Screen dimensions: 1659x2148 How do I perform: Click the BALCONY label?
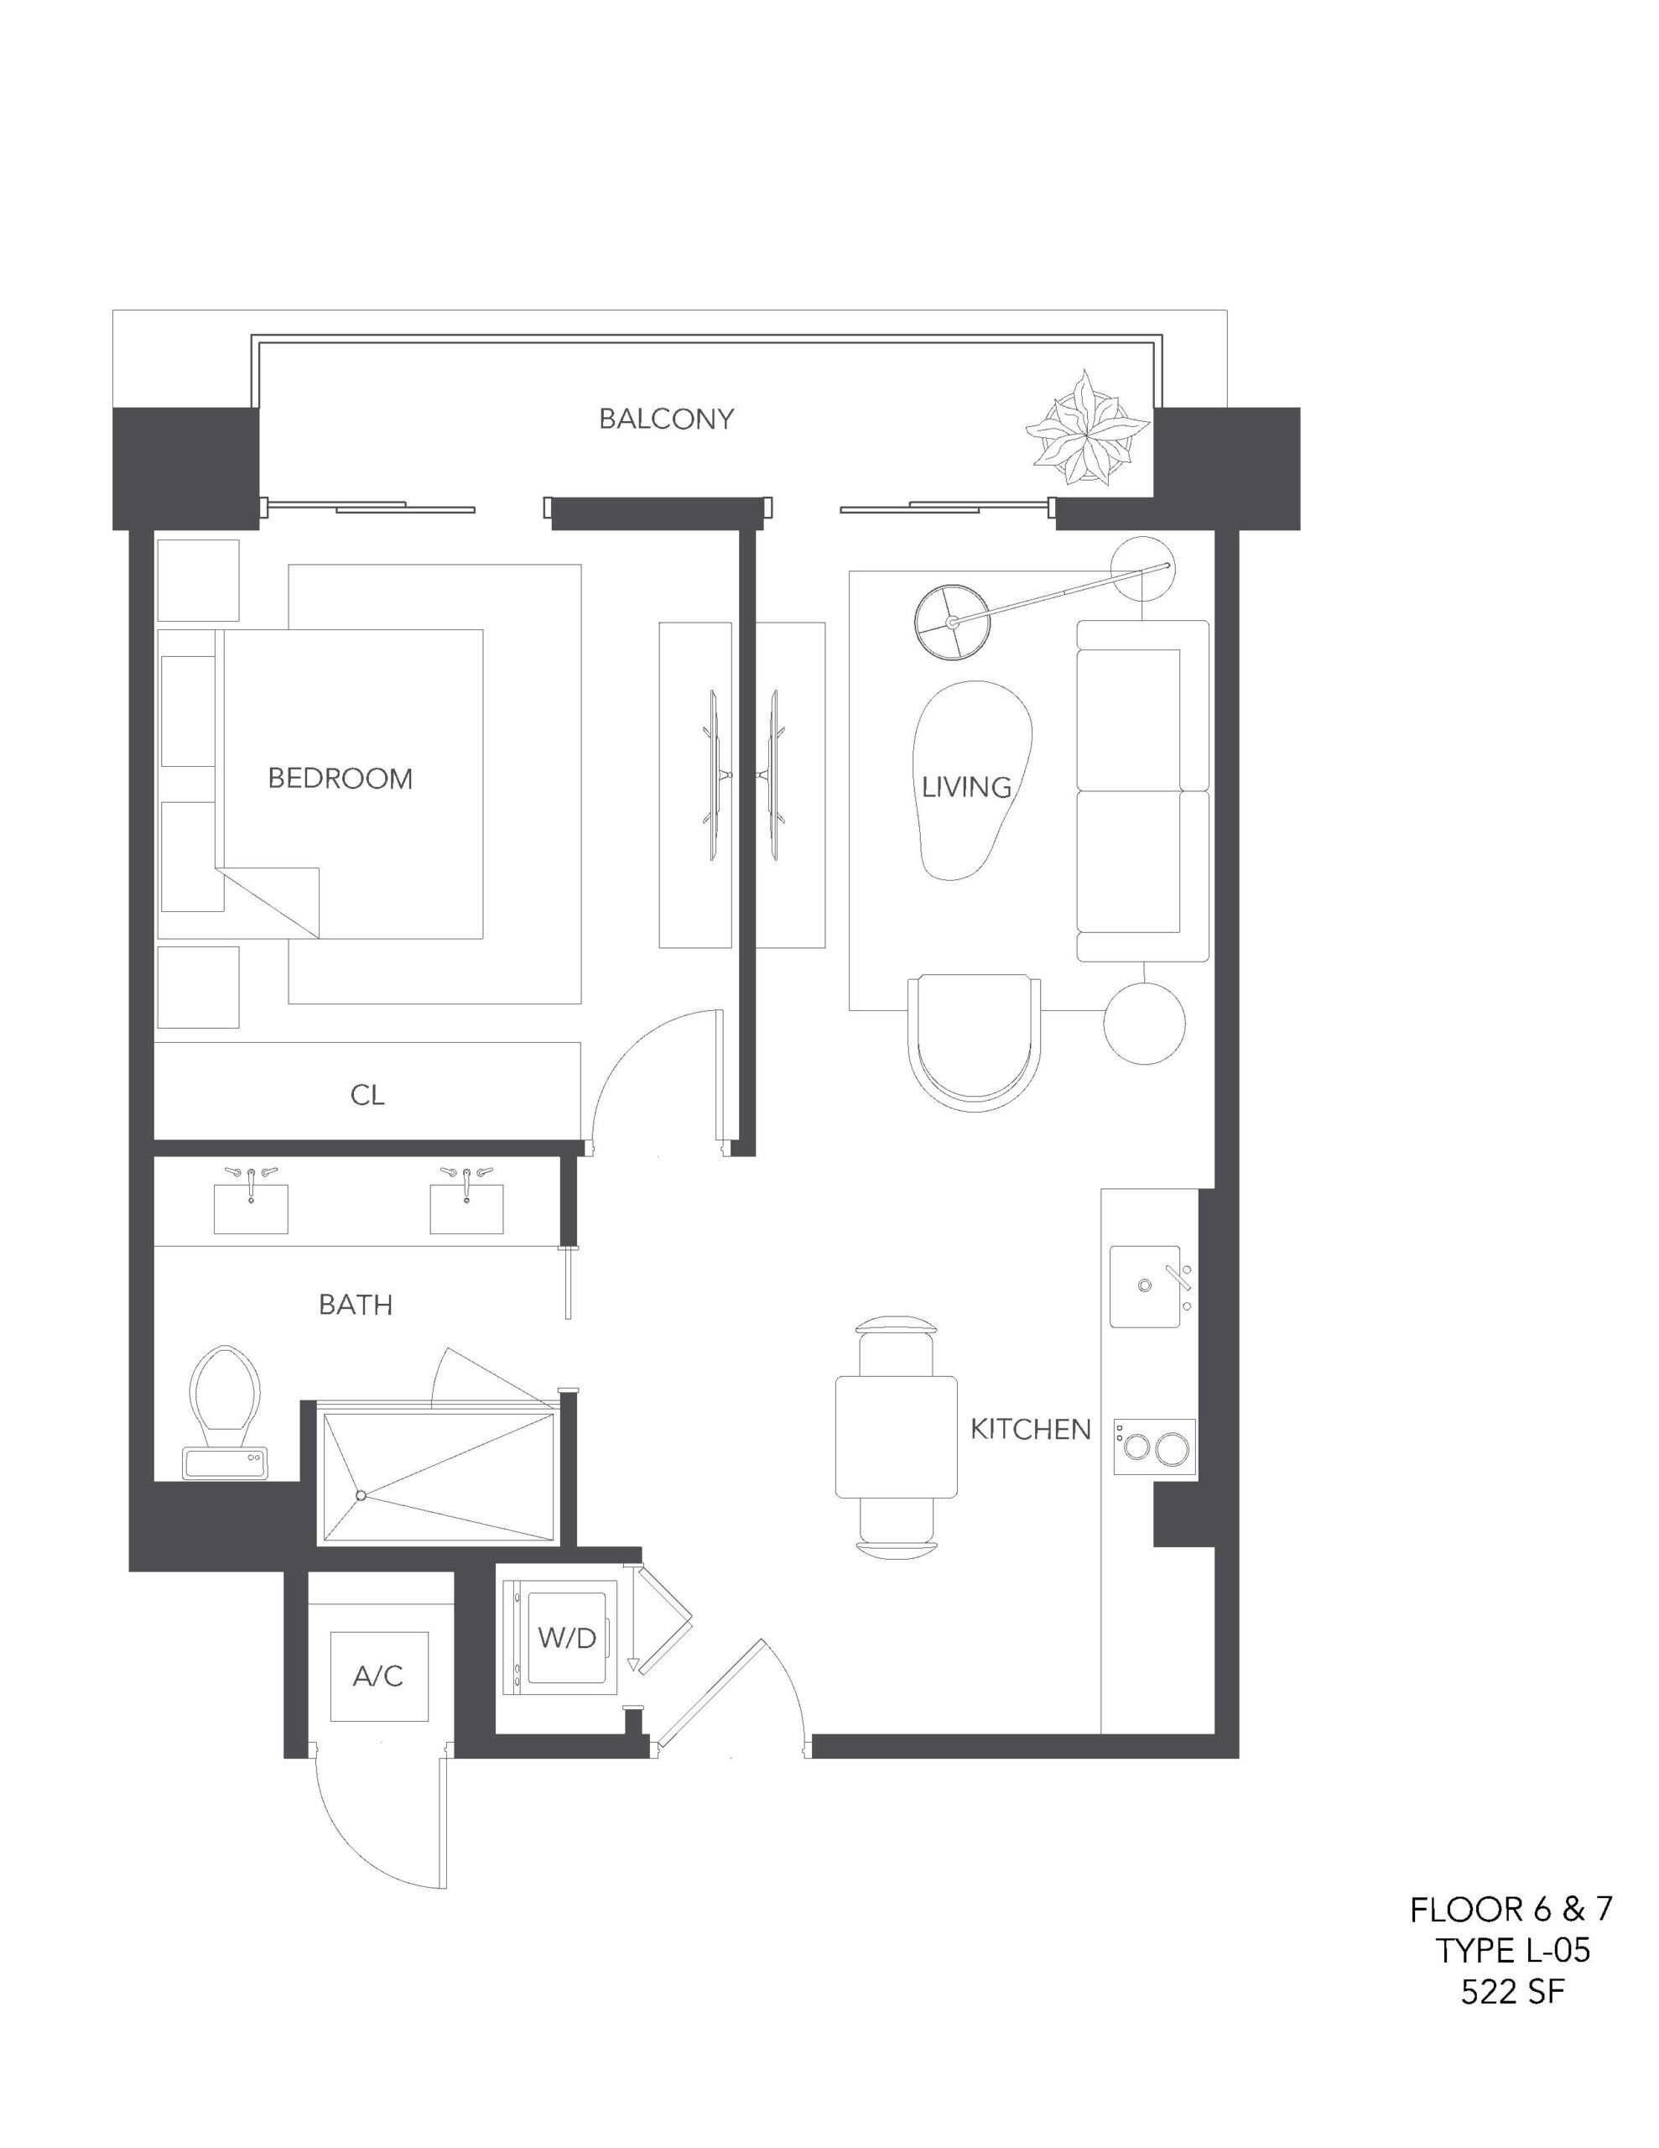666,419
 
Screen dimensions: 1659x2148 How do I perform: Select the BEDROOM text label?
341,779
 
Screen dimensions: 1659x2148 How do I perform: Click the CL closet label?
367,1095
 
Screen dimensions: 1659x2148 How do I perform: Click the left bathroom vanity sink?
251,1207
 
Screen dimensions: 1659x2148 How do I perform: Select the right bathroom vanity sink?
466,1207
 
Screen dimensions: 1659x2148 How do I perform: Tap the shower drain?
361,1495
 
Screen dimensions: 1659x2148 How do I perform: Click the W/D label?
568,1636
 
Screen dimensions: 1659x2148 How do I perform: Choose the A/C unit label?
378,1675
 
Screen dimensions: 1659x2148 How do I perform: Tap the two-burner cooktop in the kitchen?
1155,1446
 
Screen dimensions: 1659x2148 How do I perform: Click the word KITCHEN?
1031,1429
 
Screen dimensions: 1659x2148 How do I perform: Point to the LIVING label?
967,787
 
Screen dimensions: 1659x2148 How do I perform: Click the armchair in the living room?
975,1042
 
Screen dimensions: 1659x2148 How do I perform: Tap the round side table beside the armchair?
1145,1023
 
